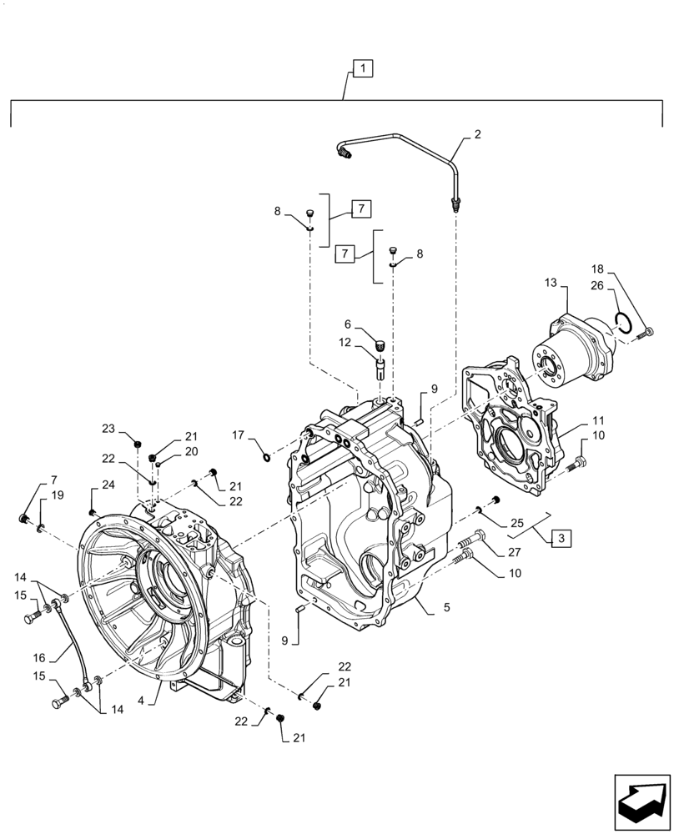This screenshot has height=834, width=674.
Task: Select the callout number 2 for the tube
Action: (x=477, y=133)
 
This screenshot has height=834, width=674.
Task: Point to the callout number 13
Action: (x=550, y=284)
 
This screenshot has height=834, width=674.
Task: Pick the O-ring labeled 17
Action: (x=265, y=455)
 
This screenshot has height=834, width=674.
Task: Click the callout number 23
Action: (x=108, y=429)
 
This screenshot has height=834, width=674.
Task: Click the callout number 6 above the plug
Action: (x=348, y=324)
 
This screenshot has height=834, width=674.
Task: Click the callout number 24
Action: (x=108, y=485)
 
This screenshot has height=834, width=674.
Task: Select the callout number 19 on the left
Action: (x=57, y=495)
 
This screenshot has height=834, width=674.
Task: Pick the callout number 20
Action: (x=191, y=451)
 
